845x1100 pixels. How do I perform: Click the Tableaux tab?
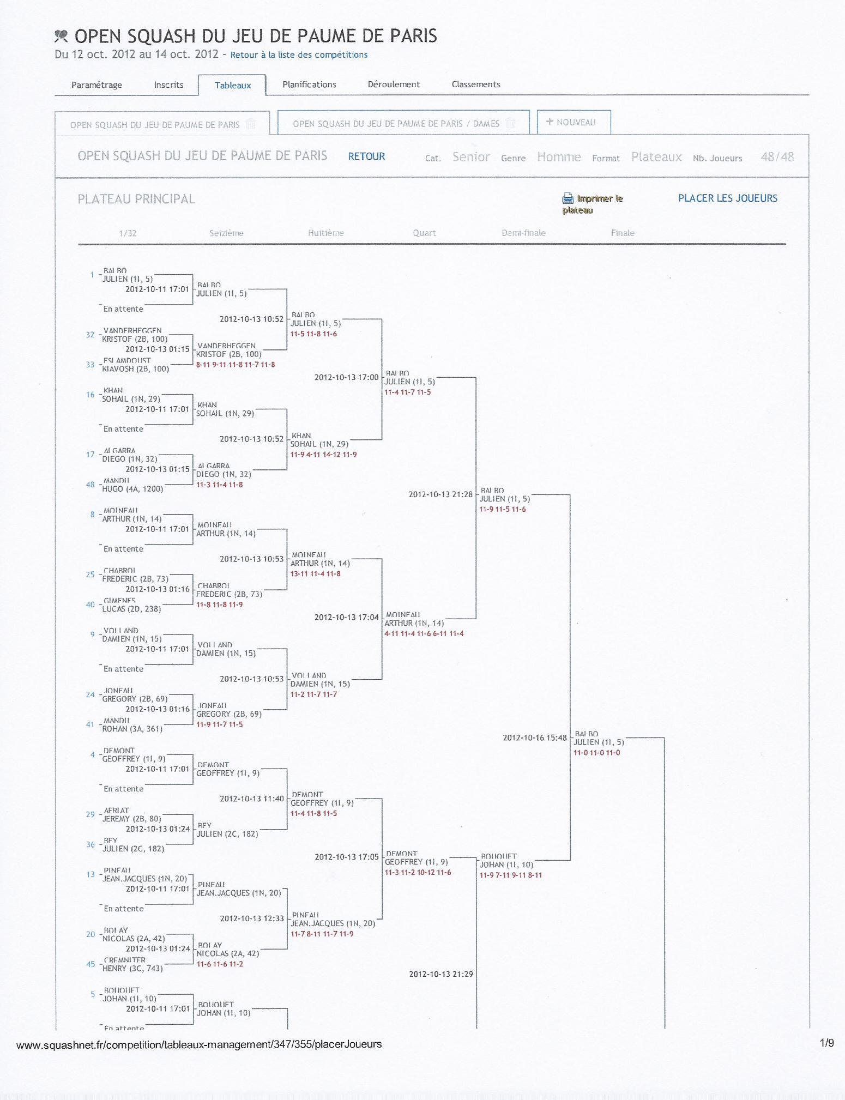click(x=233, y=85)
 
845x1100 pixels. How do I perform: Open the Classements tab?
click(x=475, y=84)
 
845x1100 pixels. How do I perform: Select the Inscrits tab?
click(x=168, y=84)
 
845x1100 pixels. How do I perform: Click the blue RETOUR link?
click(x=366, y=156)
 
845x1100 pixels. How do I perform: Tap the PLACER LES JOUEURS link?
click(x=727, y=198)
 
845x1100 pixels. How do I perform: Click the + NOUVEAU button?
click(x=574, y=122)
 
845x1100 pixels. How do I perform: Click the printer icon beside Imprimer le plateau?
click(x=568, y=198)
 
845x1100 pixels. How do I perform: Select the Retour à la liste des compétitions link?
click(x=299, y=55)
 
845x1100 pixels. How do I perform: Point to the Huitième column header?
click(x=325, y=233)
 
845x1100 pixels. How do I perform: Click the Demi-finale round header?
click(x=523, y=233)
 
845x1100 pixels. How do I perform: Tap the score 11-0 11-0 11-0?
click(x=596, y=753)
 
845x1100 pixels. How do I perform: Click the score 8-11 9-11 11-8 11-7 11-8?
click(x=236, y=365)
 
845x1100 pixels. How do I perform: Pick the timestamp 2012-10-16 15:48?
click(x=534, y=738)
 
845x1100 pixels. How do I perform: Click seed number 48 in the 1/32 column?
click(x=90, y=485)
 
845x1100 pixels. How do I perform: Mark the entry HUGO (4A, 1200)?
click(x=132, y=489)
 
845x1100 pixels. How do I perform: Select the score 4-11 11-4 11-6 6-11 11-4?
click(x=424, y=633)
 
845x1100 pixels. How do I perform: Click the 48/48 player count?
click(x=777, y=157)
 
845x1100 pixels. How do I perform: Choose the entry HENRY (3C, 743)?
click(x=132, y=969)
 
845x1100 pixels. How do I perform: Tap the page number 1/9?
click(x=826, y=1043)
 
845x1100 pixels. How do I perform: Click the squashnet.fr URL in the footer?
click(x=199, y=1044)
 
